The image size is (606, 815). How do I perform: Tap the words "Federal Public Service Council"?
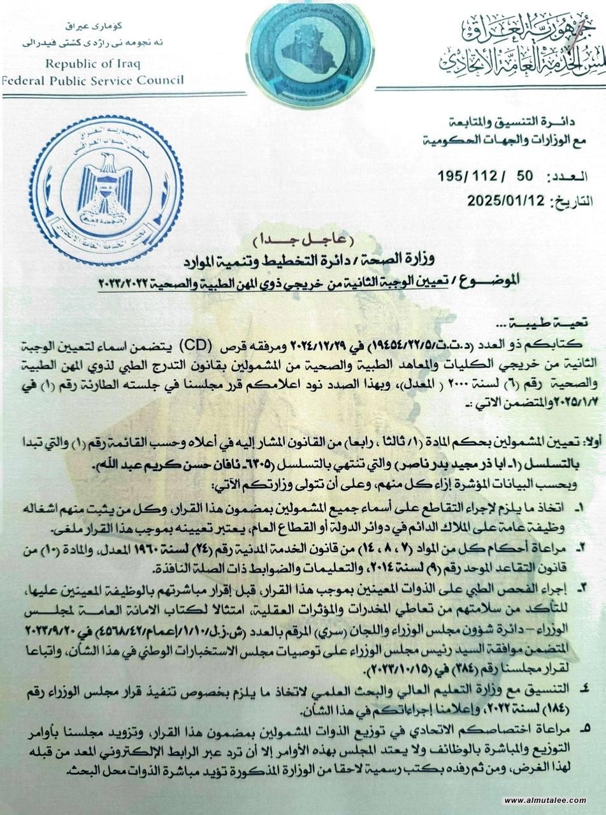point(92,80)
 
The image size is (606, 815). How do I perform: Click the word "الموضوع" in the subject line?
point(560,278)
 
